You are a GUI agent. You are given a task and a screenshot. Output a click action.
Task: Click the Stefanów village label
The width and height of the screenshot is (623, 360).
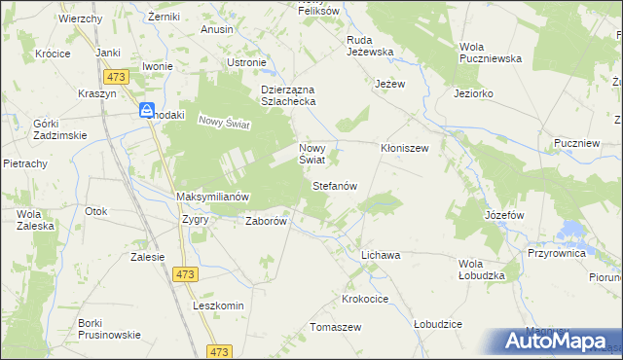[336, 185]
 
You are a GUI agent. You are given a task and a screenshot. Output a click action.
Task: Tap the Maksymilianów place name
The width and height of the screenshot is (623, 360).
[213, 197]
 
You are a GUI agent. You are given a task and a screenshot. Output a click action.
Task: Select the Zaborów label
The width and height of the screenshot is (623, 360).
[266, 221]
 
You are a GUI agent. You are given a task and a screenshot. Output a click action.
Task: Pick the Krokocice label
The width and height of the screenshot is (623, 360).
[366, 297]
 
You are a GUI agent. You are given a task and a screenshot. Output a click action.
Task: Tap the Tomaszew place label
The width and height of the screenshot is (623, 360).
[336, 327]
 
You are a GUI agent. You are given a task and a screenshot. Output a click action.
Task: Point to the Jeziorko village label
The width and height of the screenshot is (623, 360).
[473, 94]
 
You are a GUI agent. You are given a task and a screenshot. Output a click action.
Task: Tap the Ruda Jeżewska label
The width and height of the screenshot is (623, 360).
[369, 47]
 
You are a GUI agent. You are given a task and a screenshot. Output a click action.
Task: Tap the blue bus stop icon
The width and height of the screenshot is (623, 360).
[146, 112]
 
